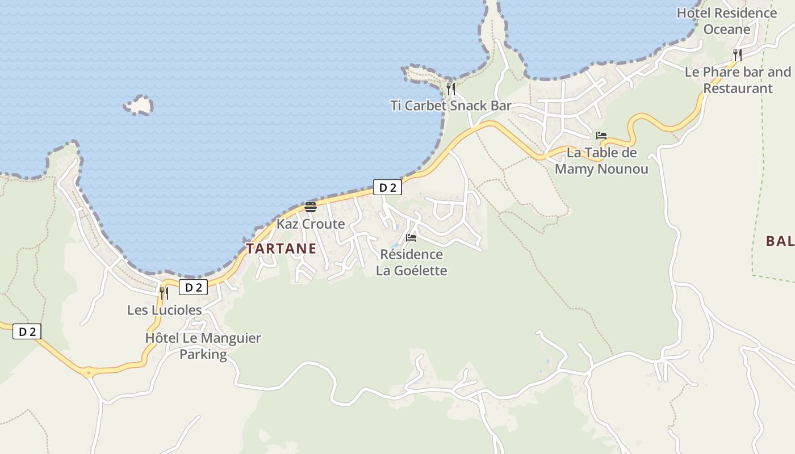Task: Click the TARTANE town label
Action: (x=281, y=249)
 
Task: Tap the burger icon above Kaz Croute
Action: (x=310, y=207)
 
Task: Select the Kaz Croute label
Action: (x=311, y=224)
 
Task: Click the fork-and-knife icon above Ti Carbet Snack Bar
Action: (x=450, y=89)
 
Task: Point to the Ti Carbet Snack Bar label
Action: (x=450, y=106)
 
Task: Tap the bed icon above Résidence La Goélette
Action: (x=411, y=238)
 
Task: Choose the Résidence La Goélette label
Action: (x=411, y=262)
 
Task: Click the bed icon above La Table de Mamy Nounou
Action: (x=601, y=136)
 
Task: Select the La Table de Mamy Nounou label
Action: (x=601, y=161)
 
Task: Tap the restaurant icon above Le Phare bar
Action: (x=737, y=55)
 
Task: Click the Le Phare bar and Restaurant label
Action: (x=738, y=80)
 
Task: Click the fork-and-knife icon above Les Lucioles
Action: (x=164, y=293)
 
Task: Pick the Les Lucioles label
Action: (x=164, y=310)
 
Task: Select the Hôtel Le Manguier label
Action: (x=203, y=338)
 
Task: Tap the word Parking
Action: (x=203, y=355)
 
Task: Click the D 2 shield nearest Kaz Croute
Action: (x=387, y=187)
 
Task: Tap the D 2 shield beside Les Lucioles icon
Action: (x=193, y=287)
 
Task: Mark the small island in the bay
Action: (x=139, y=105)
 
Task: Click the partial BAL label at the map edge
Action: (x=779, y=241)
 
